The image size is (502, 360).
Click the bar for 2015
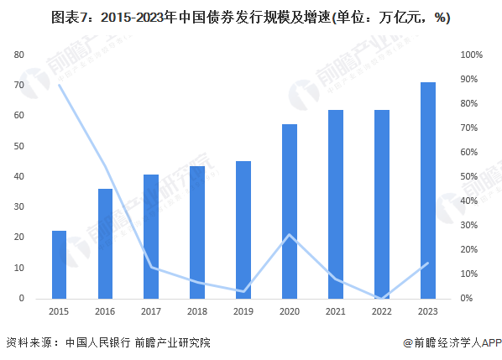tap(59, 264)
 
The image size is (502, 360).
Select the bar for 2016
tap(105, 243)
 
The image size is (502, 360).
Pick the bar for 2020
tap(290, 211)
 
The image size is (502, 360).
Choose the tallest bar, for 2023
tap(428, 190)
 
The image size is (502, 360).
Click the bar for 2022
tap(382, 204)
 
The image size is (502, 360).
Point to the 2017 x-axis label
tap(151, 311)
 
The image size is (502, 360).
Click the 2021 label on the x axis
tap(336, 311)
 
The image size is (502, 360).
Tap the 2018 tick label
tap(197, 311)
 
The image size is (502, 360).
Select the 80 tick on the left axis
tap(18, 55)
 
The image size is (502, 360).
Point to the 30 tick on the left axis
tap(18, 207)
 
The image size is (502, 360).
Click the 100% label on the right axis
tap(472, 55)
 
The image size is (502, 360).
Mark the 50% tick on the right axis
tap(470, 177)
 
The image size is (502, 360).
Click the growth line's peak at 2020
tap(290, 235)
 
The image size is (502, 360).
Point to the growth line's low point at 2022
tap(382, 298)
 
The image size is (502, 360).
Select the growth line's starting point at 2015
tap(59, 85)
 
